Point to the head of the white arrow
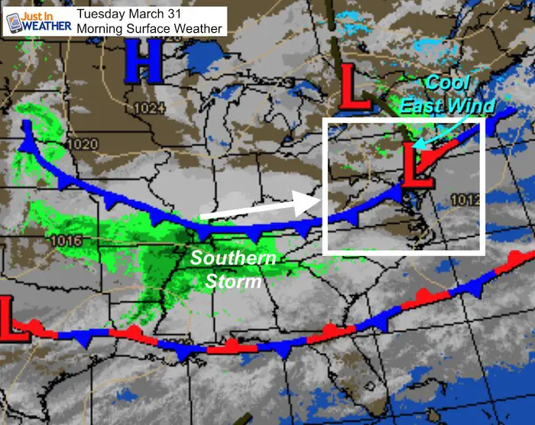point(316,201)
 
